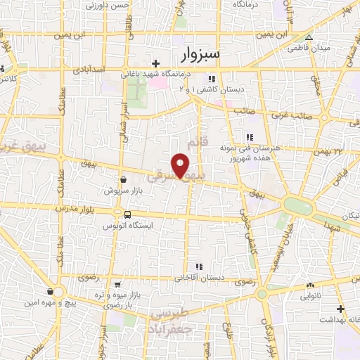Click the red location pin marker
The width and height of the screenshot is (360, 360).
(x=181, y=165)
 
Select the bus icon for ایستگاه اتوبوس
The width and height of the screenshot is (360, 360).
(x=127, y=214)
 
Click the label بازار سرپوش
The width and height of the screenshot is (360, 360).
(x=123, y=191)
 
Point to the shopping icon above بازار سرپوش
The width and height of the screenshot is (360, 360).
(x=123, y=179)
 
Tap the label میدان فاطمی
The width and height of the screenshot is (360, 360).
(x=308, y=49)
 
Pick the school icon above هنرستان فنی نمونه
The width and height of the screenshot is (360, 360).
(x=248, y=137)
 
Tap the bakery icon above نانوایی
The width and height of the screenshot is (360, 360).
(x=310, y=285)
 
